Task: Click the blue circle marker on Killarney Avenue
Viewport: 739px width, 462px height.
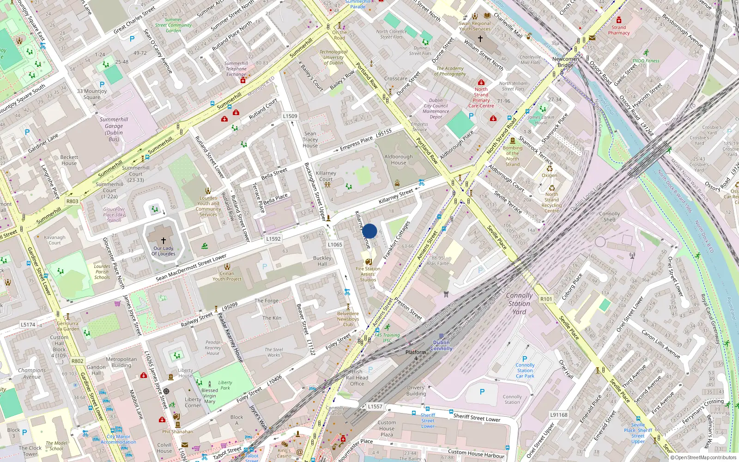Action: [369, 231]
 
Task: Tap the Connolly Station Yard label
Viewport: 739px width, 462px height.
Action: [519, 304]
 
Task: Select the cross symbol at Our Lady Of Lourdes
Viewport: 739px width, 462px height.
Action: [164, 241]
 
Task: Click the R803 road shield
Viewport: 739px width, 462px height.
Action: [73, 201]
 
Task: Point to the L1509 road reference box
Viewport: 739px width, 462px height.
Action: [290, 116]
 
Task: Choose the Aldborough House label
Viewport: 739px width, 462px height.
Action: [399, 159]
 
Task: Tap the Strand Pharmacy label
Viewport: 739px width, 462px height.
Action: [618, 30]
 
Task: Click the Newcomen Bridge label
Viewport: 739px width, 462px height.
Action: [565, 62]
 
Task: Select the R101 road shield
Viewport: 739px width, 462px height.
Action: [546, 299]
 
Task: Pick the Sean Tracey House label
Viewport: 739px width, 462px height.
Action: [310, 140]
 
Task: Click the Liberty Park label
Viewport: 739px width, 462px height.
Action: [225, 385]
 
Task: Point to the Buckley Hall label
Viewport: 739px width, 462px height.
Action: [322, 261]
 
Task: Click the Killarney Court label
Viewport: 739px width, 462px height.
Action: [326, 176]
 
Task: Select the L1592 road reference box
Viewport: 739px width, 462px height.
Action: [273, 239]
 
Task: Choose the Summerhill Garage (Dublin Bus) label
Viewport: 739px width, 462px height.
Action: [114, 129]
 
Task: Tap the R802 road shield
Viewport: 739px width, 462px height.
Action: [77, 361]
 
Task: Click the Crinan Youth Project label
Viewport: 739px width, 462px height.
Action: [227, 276]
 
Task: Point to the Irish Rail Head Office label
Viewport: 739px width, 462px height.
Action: [357, 377]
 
